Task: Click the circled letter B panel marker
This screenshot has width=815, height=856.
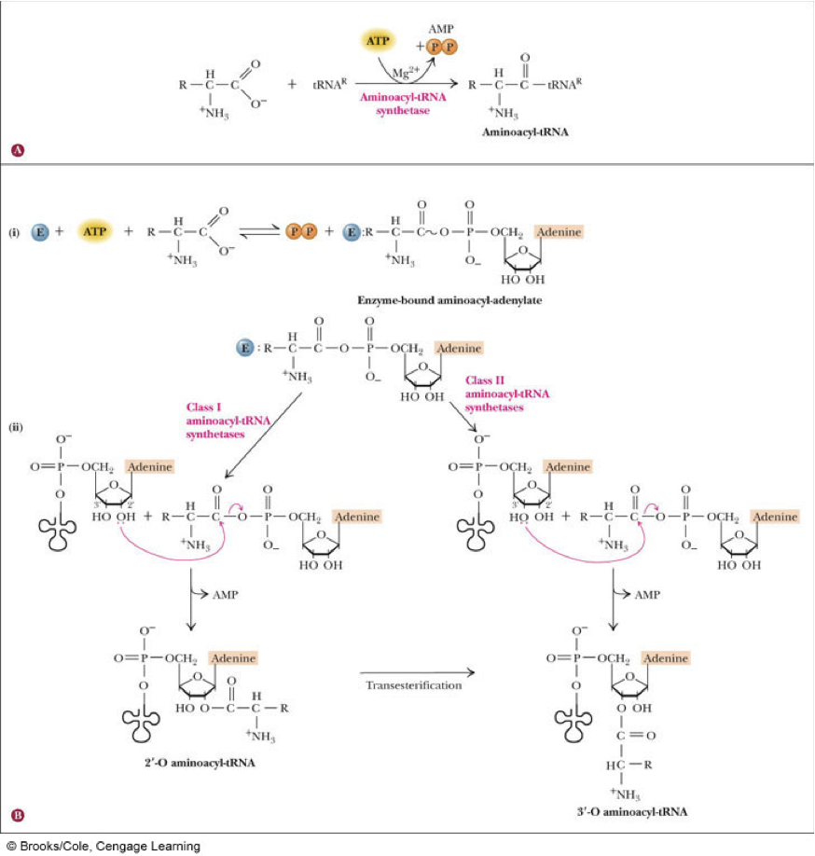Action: pyautogui.click(x=16, y=816)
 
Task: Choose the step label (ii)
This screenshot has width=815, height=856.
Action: pyautogui.click(x=15, y=426)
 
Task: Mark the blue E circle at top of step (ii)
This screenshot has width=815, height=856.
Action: pyautogui.click(x=245, y=349)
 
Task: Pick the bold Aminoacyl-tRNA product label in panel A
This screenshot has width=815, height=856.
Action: pyautogui.click(x=525, y=131)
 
